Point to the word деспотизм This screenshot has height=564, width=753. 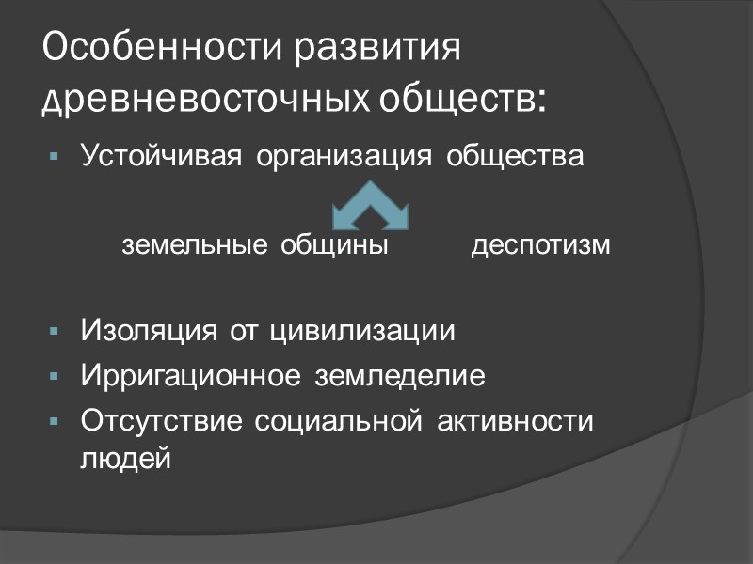[x=540, y=245]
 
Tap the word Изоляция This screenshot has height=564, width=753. [x=151, y=332]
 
